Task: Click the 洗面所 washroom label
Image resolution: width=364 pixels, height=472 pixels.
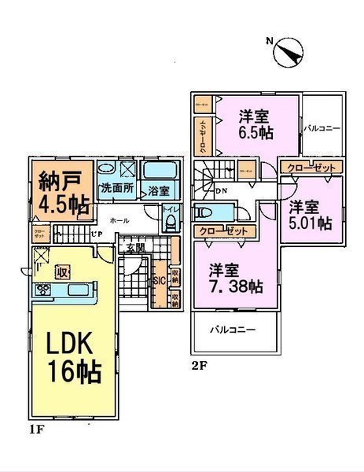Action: click(116, 190)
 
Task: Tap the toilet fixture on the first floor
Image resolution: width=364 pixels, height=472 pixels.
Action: click(169, 222)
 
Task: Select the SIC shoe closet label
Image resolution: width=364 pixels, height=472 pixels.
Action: click(157, 281)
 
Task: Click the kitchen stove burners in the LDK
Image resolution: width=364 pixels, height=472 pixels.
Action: click(42, 291)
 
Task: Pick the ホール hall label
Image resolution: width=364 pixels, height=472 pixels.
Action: click(119, 220)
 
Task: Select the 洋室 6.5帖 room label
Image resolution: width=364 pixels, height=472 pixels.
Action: click(256, 125)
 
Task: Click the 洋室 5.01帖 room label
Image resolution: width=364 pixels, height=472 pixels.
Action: click(309, 215)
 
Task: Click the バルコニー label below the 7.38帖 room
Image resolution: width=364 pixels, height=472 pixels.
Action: click(232, 330)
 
